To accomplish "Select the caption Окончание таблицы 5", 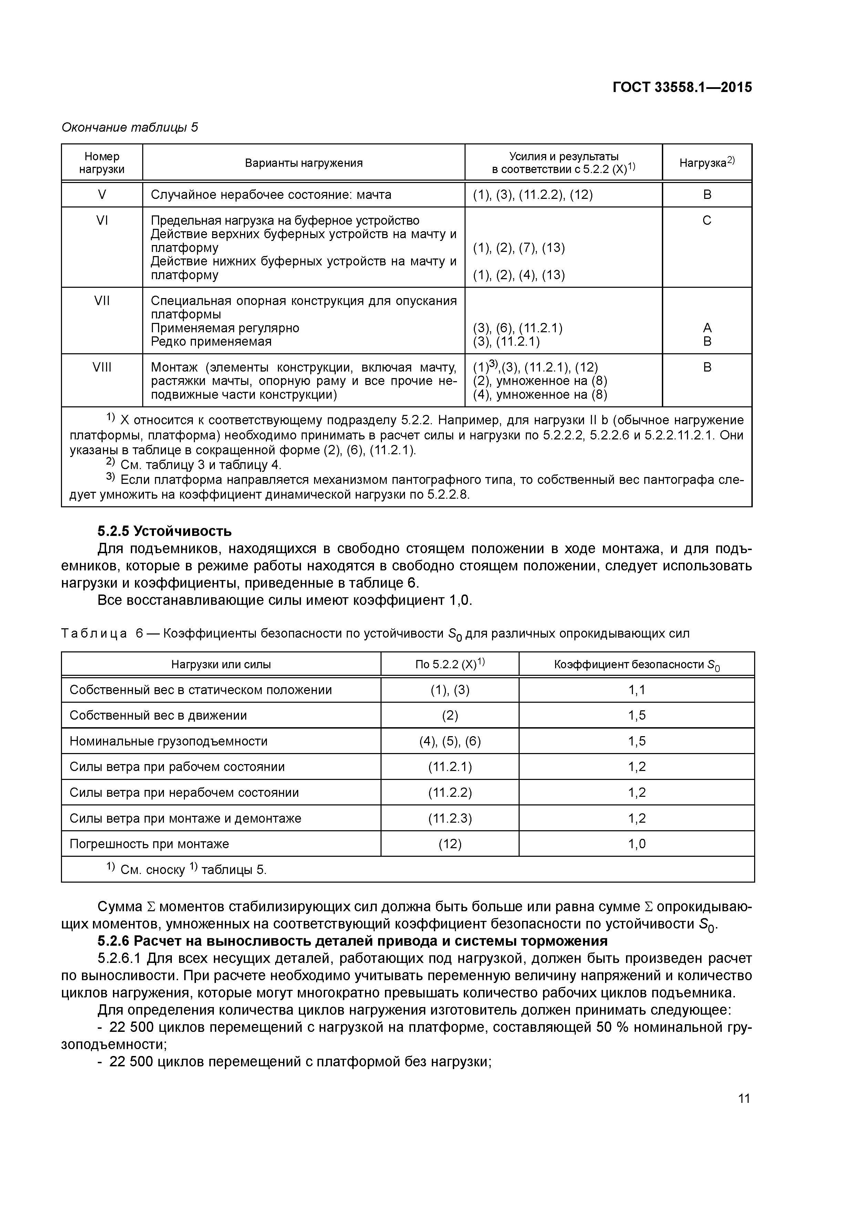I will pyautogui.click(x=129, y=128).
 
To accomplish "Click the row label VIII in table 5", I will pyautogui.click(x=102, y=367).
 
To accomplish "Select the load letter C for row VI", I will pyautogui.click(x=707, y=221).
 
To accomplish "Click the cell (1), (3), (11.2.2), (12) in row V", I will pyautogui.click(x=532, y=195).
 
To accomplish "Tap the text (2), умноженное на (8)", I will pyautogui.click(x=540, y=381).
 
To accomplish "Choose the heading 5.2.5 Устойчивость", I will pyautogui.click(x=164, y=531).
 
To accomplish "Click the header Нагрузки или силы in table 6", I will pyautogui.click(x=221, y=664).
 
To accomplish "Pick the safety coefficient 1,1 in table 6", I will pyautogui.click(x=637, y=690).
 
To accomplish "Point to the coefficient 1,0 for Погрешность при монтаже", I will pyautogui.click(x=637, y=844).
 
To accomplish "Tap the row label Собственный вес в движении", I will pyautogui.click(x=158, y=715).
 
